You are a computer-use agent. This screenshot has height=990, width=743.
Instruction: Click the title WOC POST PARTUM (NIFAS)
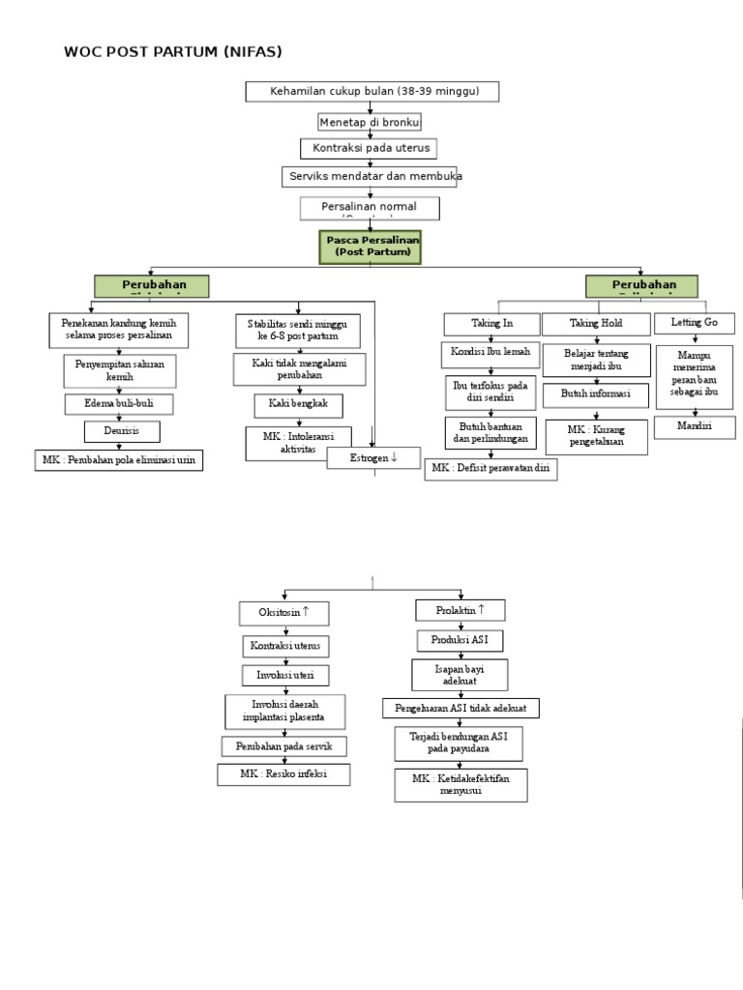173,51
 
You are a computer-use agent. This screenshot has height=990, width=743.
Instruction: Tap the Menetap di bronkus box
370,122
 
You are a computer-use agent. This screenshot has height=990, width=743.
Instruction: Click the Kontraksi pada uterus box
369,149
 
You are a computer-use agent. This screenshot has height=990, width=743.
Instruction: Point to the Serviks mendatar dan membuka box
371,177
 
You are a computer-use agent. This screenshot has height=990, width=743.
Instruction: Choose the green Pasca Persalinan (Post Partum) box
372,247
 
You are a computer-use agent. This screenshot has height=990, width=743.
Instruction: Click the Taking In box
492,323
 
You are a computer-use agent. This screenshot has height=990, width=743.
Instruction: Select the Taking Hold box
596,323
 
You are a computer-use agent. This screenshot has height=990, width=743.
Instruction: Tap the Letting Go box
694,322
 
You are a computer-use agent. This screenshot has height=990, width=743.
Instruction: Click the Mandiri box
694,426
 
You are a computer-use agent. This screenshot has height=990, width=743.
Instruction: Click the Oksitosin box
284,612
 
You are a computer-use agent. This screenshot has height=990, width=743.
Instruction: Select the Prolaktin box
461,610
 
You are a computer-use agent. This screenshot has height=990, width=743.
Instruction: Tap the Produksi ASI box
461,641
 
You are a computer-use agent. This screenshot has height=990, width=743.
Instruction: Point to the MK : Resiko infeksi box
283,774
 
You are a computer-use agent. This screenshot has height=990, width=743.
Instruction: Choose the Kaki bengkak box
298,405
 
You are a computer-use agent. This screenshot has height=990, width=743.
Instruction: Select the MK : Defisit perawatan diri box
490,469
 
